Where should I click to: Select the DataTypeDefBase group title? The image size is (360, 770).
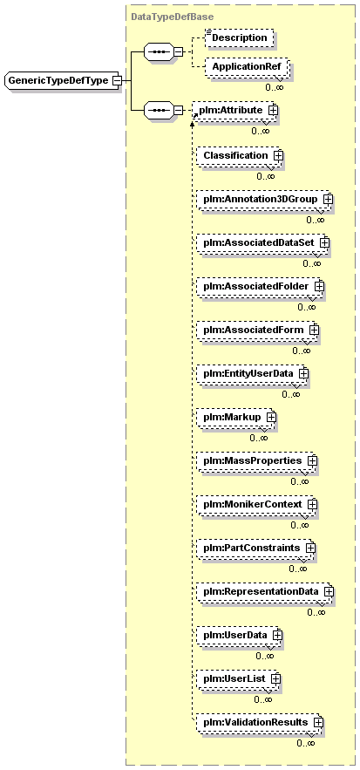pos(165,17)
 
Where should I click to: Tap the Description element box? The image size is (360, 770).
pos(239,37)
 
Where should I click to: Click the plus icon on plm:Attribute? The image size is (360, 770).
pos(273,111)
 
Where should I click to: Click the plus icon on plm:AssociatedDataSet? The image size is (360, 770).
pos(324,242)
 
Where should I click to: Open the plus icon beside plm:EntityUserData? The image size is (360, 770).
pos(303,373)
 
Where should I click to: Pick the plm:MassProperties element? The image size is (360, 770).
pos(257,460)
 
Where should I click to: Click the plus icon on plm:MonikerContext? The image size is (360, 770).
pos(312,504)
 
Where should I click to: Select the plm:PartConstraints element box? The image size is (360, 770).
pos(256,547)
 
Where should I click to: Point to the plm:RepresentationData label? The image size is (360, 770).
pos(262,591)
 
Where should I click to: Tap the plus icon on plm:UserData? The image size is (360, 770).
pos(277,635)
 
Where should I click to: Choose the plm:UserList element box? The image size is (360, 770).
pos(239,678)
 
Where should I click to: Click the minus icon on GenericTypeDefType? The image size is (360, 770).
pos(117,80)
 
